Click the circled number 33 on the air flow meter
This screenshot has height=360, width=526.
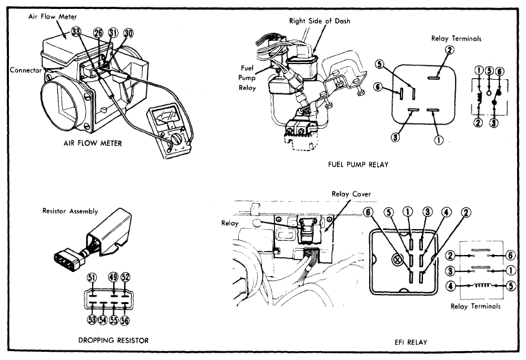click(x=76, y=32)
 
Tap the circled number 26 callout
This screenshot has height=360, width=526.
click(x=98, y=33)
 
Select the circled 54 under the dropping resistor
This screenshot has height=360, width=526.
click(x=102, y=320)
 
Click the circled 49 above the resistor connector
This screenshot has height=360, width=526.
click(x=114, y=277)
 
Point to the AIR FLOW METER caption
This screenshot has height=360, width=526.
click(x=93, y=143)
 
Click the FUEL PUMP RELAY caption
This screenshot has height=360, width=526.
click(x=358, y=164)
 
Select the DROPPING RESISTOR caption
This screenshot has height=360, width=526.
click(x=113, y=340)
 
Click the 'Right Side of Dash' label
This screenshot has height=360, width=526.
click(x=320, y=21)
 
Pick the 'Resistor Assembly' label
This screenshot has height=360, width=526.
click(x=70, y=211)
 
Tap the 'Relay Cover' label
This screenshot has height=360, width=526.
click(x=351, y=194)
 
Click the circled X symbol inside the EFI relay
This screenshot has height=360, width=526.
click(x=397, y=258)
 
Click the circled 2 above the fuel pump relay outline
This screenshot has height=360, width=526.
click(x=450, y=50)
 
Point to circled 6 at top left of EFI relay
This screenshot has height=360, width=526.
click(x=368, y=212)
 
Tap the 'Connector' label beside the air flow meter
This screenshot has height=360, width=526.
click(x=25, y=70)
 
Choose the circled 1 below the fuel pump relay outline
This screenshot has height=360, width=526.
click(x=439, y=140)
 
